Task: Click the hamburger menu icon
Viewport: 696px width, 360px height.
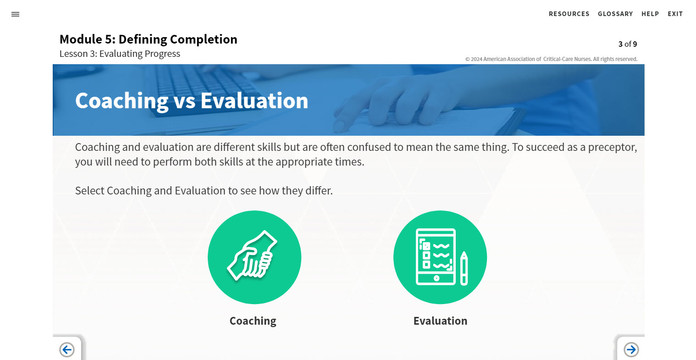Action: [15, 14]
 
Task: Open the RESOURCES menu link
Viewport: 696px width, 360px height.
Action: [569, 14]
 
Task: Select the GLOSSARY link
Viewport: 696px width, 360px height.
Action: [615, 14]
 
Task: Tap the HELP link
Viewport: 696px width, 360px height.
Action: [650, 14]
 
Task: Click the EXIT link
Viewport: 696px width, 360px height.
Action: [675, 14]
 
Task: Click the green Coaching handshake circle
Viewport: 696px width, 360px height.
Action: [254, 257]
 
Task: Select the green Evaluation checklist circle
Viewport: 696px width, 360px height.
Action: [440, 257]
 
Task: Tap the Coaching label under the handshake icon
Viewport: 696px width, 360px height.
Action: [253, 321]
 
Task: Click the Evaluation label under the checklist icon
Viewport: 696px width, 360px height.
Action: [440, 321]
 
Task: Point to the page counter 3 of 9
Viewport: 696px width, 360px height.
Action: [628, 44]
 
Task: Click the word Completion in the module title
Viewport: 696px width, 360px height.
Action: [204, 39]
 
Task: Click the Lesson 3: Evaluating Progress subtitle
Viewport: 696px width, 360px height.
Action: [120, 54]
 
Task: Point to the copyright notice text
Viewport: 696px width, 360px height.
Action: [551, 59]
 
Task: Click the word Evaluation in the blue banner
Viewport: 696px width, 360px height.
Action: [254, 101]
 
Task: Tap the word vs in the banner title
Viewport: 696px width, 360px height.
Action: [185, 101]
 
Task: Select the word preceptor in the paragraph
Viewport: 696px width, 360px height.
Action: [613, 147]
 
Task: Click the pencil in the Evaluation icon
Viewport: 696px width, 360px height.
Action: [464, 268]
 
